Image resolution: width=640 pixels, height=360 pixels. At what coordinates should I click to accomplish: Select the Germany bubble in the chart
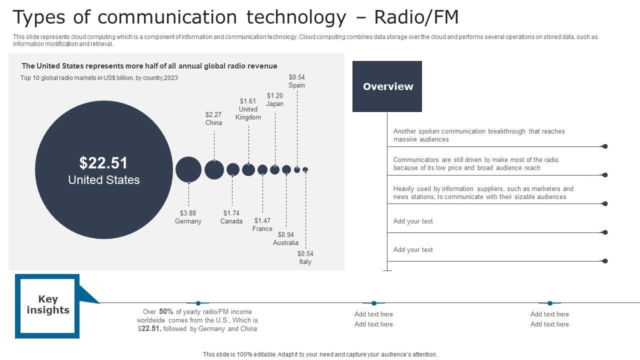point(188,169)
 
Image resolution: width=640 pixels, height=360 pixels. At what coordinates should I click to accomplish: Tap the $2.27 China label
point(213,118)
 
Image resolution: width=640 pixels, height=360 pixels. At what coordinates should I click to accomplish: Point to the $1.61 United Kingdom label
point(248,109)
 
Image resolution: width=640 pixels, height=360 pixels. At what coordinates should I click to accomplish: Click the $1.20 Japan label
point(274,100)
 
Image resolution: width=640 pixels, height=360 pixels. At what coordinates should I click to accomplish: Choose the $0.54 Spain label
point(297,81)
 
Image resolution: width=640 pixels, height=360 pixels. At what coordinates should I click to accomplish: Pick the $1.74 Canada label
point(231,217)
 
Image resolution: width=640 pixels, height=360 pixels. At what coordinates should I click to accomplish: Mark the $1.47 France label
point(262,224)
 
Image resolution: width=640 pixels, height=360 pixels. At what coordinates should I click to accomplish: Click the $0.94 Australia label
point(285,238)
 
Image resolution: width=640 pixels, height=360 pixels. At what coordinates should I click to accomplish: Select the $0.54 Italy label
point(305,257)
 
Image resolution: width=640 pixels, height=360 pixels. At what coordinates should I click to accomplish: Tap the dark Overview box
point(387,86)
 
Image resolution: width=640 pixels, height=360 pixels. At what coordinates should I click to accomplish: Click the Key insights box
point(47,305)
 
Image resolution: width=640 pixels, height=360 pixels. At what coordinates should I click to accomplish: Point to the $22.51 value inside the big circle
point(103,163)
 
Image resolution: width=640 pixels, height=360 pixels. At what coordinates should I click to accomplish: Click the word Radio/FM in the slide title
point(416,17)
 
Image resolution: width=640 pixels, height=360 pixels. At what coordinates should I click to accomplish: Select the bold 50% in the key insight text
point(166,311)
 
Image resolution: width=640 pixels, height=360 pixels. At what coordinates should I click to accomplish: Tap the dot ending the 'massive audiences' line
point(605,146)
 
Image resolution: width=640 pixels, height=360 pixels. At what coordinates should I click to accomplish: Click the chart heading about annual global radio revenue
point(149,66)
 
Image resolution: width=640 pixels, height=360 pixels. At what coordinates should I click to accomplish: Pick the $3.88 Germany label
point(188,217)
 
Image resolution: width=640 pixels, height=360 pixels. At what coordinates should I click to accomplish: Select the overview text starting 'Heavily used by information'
point(483,192)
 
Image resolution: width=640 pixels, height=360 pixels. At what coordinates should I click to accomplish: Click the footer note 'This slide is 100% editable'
point(320,354)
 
